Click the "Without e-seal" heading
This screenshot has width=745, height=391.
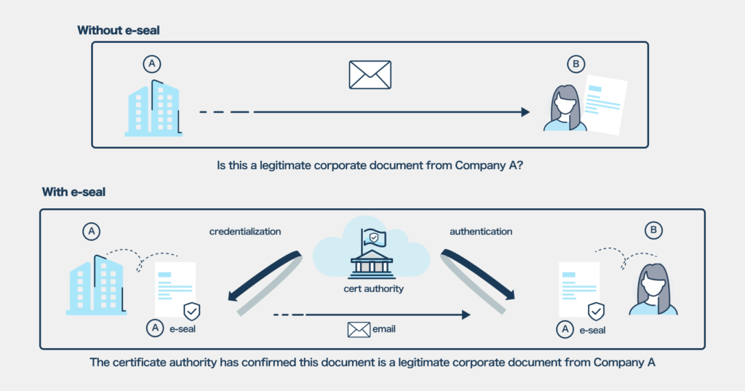click(118, 30)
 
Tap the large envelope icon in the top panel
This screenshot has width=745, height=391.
click(370, 75)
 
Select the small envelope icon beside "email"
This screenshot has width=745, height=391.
click(359, 330)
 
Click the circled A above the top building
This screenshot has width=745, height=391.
click(151, 65)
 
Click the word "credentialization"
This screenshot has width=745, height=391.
click(244, 232)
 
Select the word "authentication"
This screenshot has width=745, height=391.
click(481, 232)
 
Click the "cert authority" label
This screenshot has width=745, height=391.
click(373, 288)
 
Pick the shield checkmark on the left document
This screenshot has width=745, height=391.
click(192, 312)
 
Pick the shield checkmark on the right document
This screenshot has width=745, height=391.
click(595, 312)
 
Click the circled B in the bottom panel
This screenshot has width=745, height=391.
click(653, 232)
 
